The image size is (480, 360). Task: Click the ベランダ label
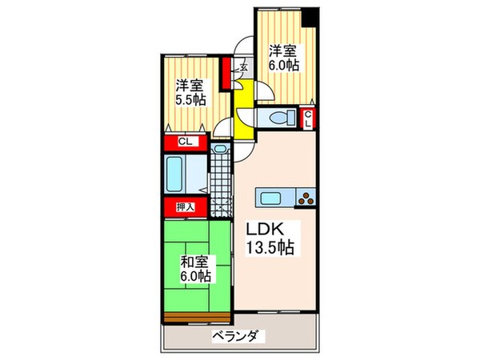239,336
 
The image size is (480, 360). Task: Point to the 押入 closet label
184,207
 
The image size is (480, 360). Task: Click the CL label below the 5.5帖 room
184,142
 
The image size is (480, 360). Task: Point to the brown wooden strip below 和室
197,318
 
